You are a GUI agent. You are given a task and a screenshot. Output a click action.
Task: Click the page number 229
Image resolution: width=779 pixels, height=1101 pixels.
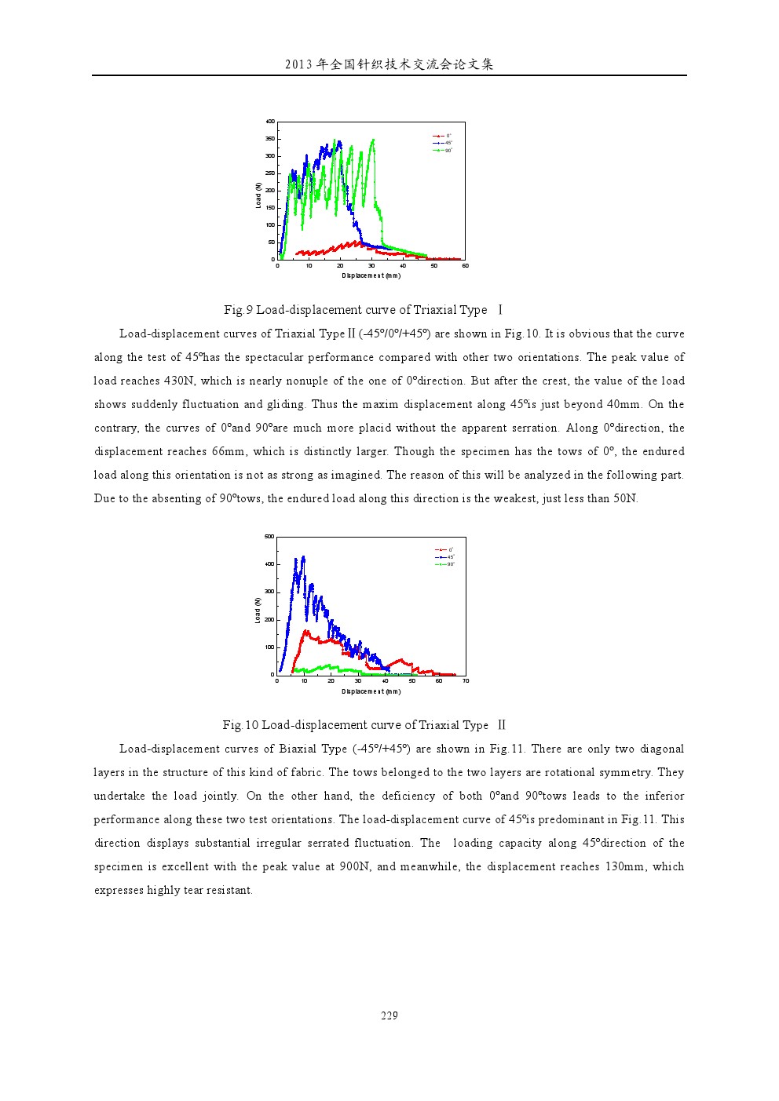389,1015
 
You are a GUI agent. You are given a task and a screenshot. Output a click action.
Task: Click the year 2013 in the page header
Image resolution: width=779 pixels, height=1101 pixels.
298,64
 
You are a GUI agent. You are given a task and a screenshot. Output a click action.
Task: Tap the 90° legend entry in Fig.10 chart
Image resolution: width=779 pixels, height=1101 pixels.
446,564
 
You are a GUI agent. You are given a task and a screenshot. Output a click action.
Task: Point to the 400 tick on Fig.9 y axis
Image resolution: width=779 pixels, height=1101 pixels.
270,122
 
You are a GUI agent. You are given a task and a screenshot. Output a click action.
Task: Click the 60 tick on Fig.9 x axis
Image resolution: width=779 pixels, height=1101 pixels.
465,266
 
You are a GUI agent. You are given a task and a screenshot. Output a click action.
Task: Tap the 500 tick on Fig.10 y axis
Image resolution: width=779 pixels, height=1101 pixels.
269,537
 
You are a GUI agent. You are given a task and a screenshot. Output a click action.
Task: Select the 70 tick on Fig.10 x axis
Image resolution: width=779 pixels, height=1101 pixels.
466,681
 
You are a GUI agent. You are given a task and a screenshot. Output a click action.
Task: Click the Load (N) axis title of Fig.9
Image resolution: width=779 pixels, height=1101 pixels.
258,195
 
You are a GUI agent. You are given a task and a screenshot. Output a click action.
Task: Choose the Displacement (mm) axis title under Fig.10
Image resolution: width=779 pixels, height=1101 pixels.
371,691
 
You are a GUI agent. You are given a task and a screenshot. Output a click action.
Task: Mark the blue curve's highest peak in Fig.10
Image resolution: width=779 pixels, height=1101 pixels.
303,557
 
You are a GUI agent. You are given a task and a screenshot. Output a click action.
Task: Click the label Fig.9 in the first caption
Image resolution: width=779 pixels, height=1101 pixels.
238,310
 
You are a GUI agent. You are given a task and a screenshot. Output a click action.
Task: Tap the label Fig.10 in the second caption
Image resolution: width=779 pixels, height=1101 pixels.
240,725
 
